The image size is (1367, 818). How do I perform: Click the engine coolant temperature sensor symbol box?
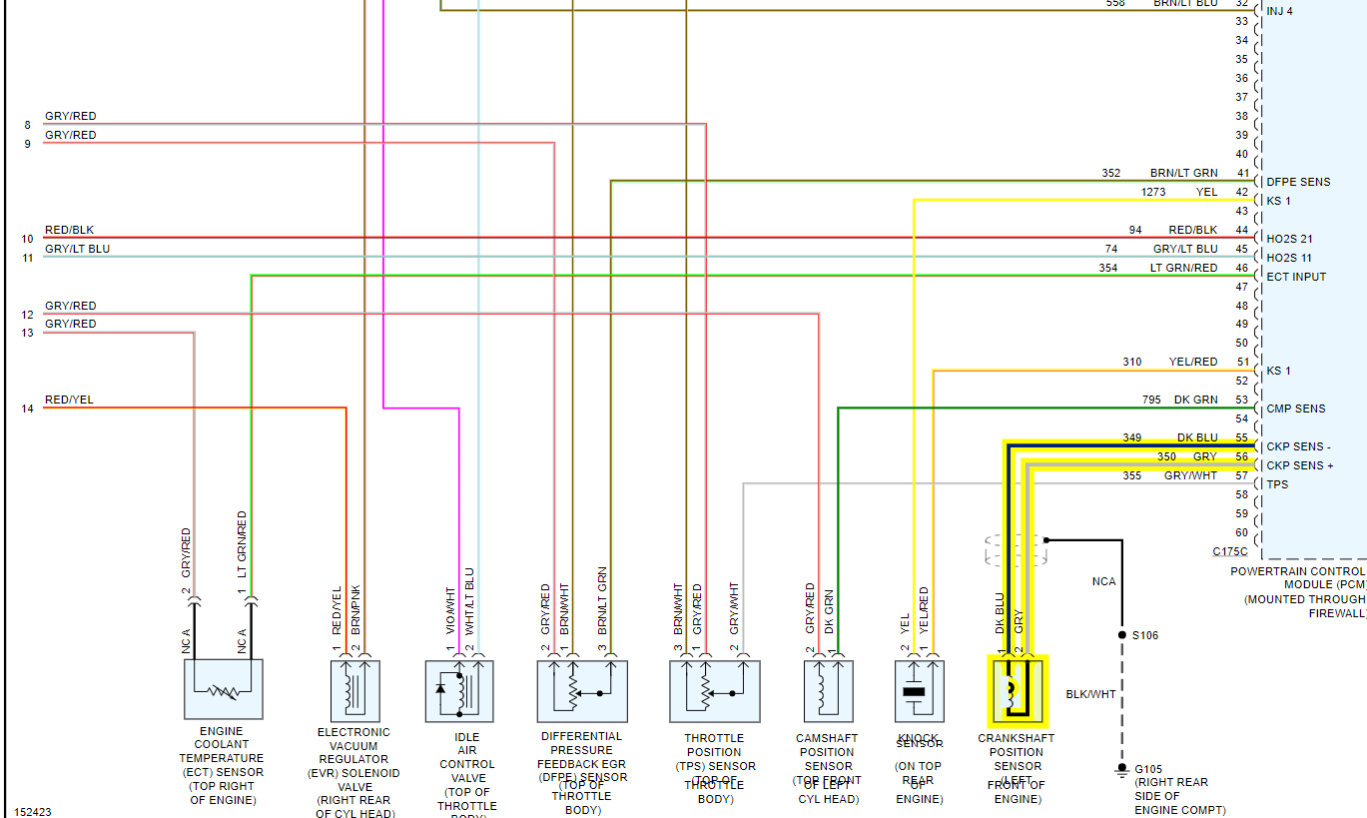coord(224,689)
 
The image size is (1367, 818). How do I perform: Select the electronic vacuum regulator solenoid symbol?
coord(354,689)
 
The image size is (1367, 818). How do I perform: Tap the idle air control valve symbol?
coord(458,690)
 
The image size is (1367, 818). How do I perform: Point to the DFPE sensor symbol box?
coord(582,690)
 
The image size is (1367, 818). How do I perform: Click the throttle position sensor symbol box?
coord(715,690)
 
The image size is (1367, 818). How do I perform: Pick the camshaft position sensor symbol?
coord(829,690)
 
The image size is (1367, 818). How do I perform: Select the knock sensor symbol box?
coord(920,690)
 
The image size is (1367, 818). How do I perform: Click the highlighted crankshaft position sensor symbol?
coord(1018,690)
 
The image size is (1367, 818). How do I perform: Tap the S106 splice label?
coord(1144,635)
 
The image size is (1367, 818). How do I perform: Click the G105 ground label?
coord(1148,770)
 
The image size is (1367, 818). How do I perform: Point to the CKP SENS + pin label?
coord(1300,466)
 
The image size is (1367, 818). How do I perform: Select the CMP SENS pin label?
coord(1296,409)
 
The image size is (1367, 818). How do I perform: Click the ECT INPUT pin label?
coord(1296,277)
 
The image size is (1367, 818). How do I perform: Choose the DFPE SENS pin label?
coord(1298,182)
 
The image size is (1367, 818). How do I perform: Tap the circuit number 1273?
coord(1153,192)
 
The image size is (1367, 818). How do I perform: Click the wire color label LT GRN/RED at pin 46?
coord(1183,268)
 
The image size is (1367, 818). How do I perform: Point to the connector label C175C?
coord(1230,551)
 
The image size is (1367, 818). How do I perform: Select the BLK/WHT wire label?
coord(1090,694)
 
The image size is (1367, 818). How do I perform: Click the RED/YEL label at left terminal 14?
coord(69,400)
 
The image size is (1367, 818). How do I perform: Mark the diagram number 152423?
coord(33,812)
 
